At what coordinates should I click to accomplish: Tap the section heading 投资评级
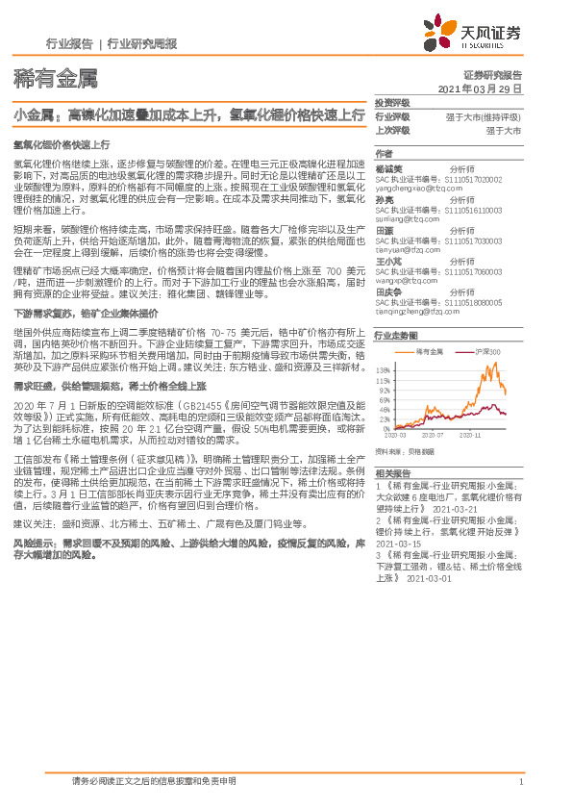point(392,103)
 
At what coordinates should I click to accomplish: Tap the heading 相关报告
point(392,473)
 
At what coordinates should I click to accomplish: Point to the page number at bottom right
point(520,781)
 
